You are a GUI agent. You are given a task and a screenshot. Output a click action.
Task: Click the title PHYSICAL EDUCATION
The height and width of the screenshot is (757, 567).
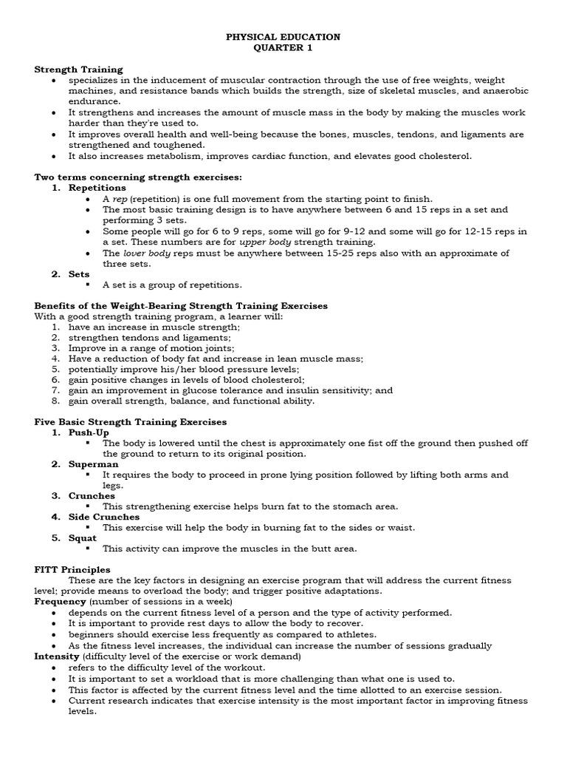pos(283,37)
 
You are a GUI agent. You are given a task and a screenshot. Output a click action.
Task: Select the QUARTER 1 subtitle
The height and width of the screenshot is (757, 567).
pos(283,48)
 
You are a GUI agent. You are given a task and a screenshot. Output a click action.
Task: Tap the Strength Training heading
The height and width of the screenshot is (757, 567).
pos(78,69)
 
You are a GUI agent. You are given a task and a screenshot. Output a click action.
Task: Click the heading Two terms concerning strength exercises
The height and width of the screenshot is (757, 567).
pos(139,177)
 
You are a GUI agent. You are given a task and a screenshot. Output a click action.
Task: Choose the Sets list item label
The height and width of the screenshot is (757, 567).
pos(80,274)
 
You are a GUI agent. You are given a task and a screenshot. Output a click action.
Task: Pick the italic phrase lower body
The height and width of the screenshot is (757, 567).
pos(147,253)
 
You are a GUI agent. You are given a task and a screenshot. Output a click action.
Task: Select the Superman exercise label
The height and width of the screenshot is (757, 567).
pos(93,464)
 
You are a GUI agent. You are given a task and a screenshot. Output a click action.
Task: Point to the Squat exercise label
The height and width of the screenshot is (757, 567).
pos(83,538)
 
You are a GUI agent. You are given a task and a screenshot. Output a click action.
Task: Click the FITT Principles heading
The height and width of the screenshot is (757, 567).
pos(72,570)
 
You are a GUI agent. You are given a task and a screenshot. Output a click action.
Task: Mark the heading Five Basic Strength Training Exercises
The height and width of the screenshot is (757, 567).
pos(131,421)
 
